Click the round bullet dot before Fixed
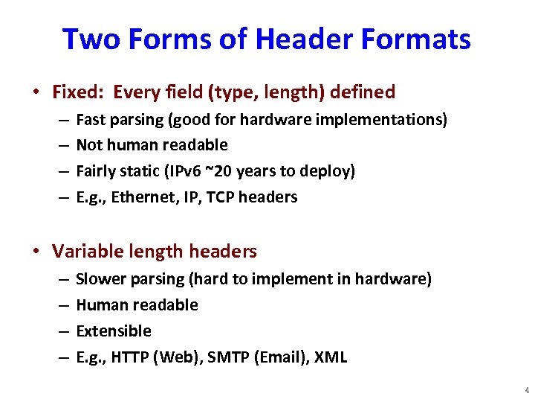36,93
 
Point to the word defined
362,92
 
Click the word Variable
85,252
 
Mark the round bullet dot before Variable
36,252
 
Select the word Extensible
114,331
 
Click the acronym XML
331,357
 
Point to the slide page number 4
526,390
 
